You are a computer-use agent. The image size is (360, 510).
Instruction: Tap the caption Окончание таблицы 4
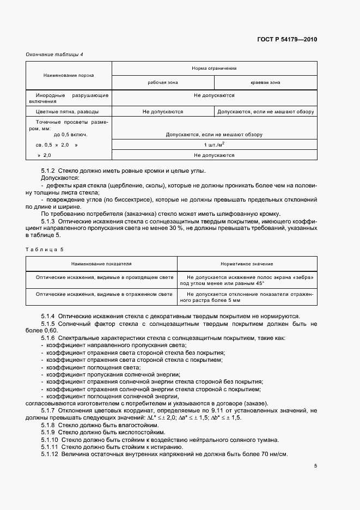[54, 54]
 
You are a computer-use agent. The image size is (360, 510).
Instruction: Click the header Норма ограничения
[214, 69]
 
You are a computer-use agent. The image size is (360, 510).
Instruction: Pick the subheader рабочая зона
[163, 82]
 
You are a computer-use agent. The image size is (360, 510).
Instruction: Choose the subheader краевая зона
[265, 82]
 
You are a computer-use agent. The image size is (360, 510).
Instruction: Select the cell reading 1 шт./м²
[214, 144]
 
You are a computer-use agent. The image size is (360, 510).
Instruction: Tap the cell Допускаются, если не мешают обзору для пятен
[266, 111]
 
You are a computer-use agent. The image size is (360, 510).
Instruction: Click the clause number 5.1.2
[48, 171]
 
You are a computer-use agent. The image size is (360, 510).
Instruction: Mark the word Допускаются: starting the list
[60, 178]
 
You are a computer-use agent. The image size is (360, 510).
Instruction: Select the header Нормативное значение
[247, 264]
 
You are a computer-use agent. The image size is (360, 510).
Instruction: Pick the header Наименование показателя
[101, 264]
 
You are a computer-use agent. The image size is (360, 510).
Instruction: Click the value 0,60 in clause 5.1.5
[50, 330]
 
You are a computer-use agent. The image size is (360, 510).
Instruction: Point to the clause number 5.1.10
[50, 440]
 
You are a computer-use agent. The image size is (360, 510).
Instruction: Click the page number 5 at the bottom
[315, 466]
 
